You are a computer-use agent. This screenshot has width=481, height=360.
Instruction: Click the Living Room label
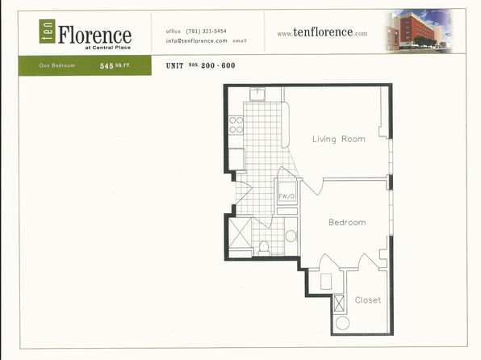coord(338,139)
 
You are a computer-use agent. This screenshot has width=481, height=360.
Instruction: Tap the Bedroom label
coord(346,222)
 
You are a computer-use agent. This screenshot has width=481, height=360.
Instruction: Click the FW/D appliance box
coord(287,195)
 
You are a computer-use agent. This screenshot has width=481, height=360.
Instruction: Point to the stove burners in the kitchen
coord(236,124)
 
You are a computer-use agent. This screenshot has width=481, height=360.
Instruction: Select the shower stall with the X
coord(240,234)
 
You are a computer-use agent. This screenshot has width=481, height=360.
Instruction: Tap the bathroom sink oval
coord(291,236)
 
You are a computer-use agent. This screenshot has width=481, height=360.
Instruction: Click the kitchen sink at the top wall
coord(257,93)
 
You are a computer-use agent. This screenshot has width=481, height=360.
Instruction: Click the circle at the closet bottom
coord(341,323)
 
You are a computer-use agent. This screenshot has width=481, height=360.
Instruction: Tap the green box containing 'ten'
coord(44,31)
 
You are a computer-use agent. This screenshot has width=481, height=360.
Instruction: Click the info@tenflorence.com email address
coord(196,40)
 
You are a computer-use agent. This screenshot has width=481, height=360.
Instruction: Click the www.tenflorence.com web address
coord(322,33)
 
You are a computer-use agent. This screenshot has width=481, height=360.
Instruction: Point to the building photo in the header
coord(416,31)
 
